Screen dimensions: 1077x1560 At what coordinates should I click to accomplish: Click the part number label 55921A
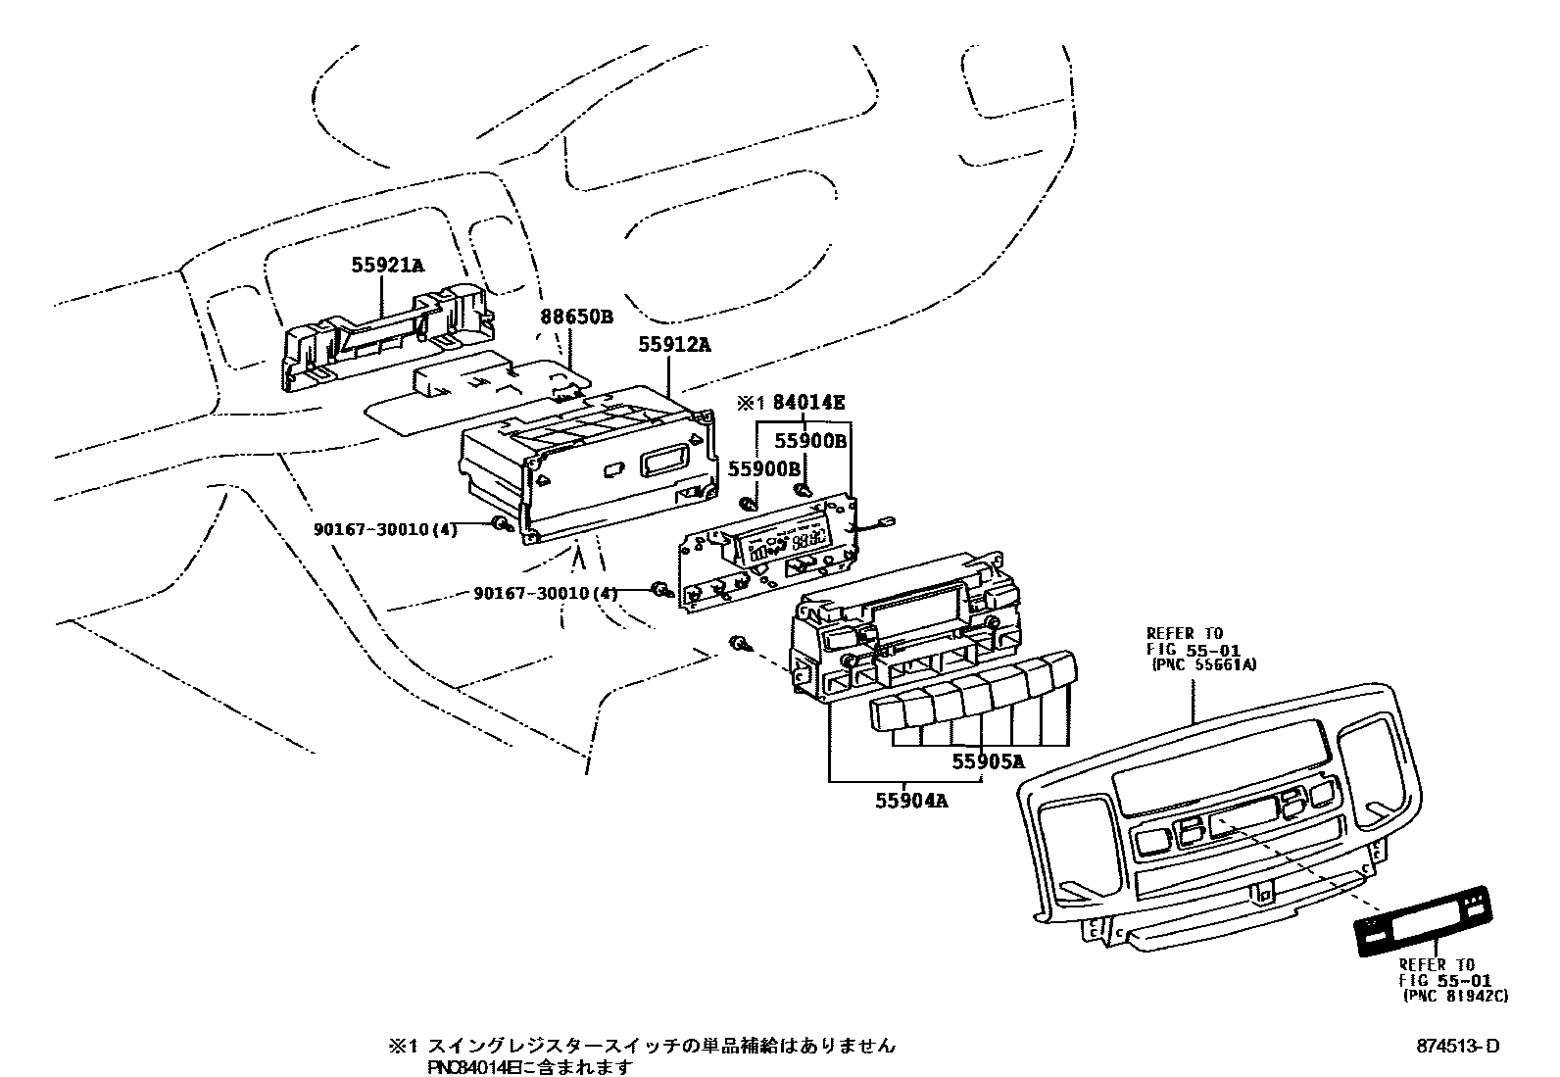pos(388,265)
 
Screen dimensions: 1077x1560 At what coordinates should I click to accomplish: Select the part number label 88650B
pos(576,317)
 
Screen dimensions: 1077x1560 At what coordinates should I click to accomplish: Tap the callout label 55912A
pos(675,345)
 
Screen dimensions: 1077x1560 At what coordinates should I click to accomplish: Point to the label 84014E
pos(808,402)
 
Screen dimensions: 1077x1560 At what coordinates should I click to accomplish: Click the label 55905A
pos(989,760)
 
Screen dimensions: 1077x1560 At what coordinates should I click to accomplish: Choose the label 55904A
pos(912,801)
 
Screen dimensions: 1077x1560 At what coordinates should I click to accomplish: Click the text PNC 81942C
pos(1455,995)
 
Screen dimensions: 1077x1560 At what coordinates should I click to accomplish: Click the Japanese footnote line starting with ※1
pos(642,1046)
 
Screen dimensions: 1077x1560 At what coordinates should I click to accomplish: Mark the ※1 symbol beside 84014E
pos(750,403)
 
